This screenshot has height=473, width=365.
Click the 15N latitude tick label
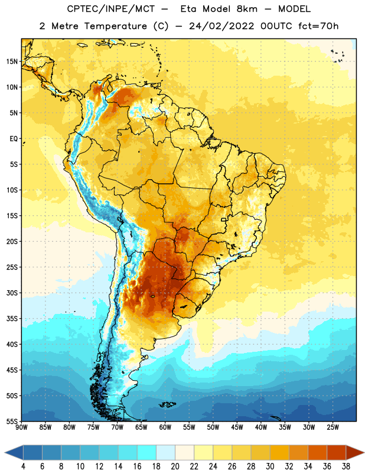12,61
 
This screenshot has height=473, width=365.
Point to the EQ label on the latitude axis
14,139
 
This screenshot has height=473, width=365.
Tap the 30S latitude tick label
12,293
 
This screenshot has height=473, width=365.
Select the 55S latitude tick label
12,422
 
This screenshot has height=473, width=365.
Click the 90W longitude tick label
21,427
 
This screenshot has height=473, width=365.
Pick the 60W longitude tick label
165,427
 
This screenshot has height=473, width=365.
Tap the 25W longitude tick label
333,427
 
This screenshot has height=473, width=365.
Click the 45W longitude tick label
237,427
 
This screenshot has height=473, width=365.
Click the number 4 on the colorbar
23,466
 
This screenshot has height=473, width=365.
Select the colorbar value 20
175,466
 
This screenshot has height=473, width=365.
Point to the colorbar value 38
346,466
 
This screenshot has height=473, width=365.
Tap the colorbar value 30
270,466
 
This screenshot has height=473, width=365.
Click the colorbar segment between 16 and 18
147,452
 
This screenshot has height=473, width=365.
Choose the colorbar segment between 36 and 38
337,452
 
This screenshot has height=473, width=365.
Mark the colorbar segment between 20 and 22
185,452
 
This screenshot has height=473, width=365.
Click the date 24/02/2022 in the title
222,26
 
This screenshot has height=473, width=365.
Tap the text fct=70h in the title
318,26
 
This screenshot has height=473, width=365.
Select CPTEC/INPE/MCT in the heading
110,9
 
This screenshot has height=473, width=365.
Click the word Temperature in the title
115,27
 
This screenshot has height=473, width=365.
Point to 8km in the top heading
247,9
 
